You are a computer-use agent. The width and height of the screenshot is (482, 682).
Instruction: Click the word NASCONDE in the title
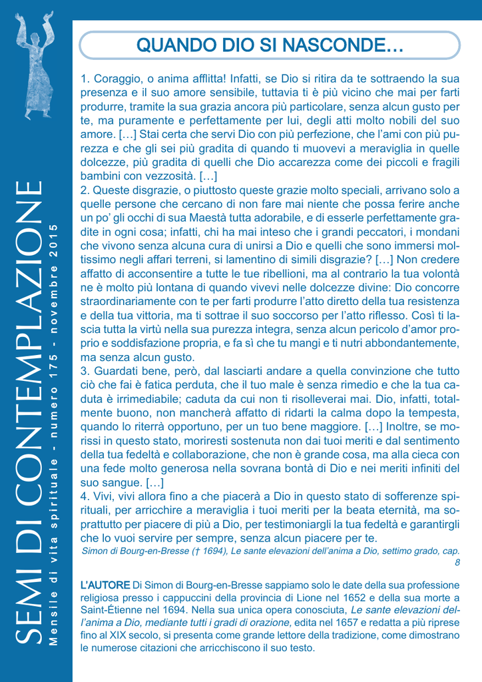340,45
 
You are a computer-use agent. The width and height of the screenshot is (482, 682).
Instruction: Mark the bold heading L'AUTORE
105,585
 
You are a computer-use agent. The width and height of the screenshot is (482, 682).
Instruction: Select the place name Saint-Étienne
113,609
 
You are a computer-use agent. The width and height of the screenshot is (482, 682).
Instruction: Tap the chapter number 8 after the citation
457,563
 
